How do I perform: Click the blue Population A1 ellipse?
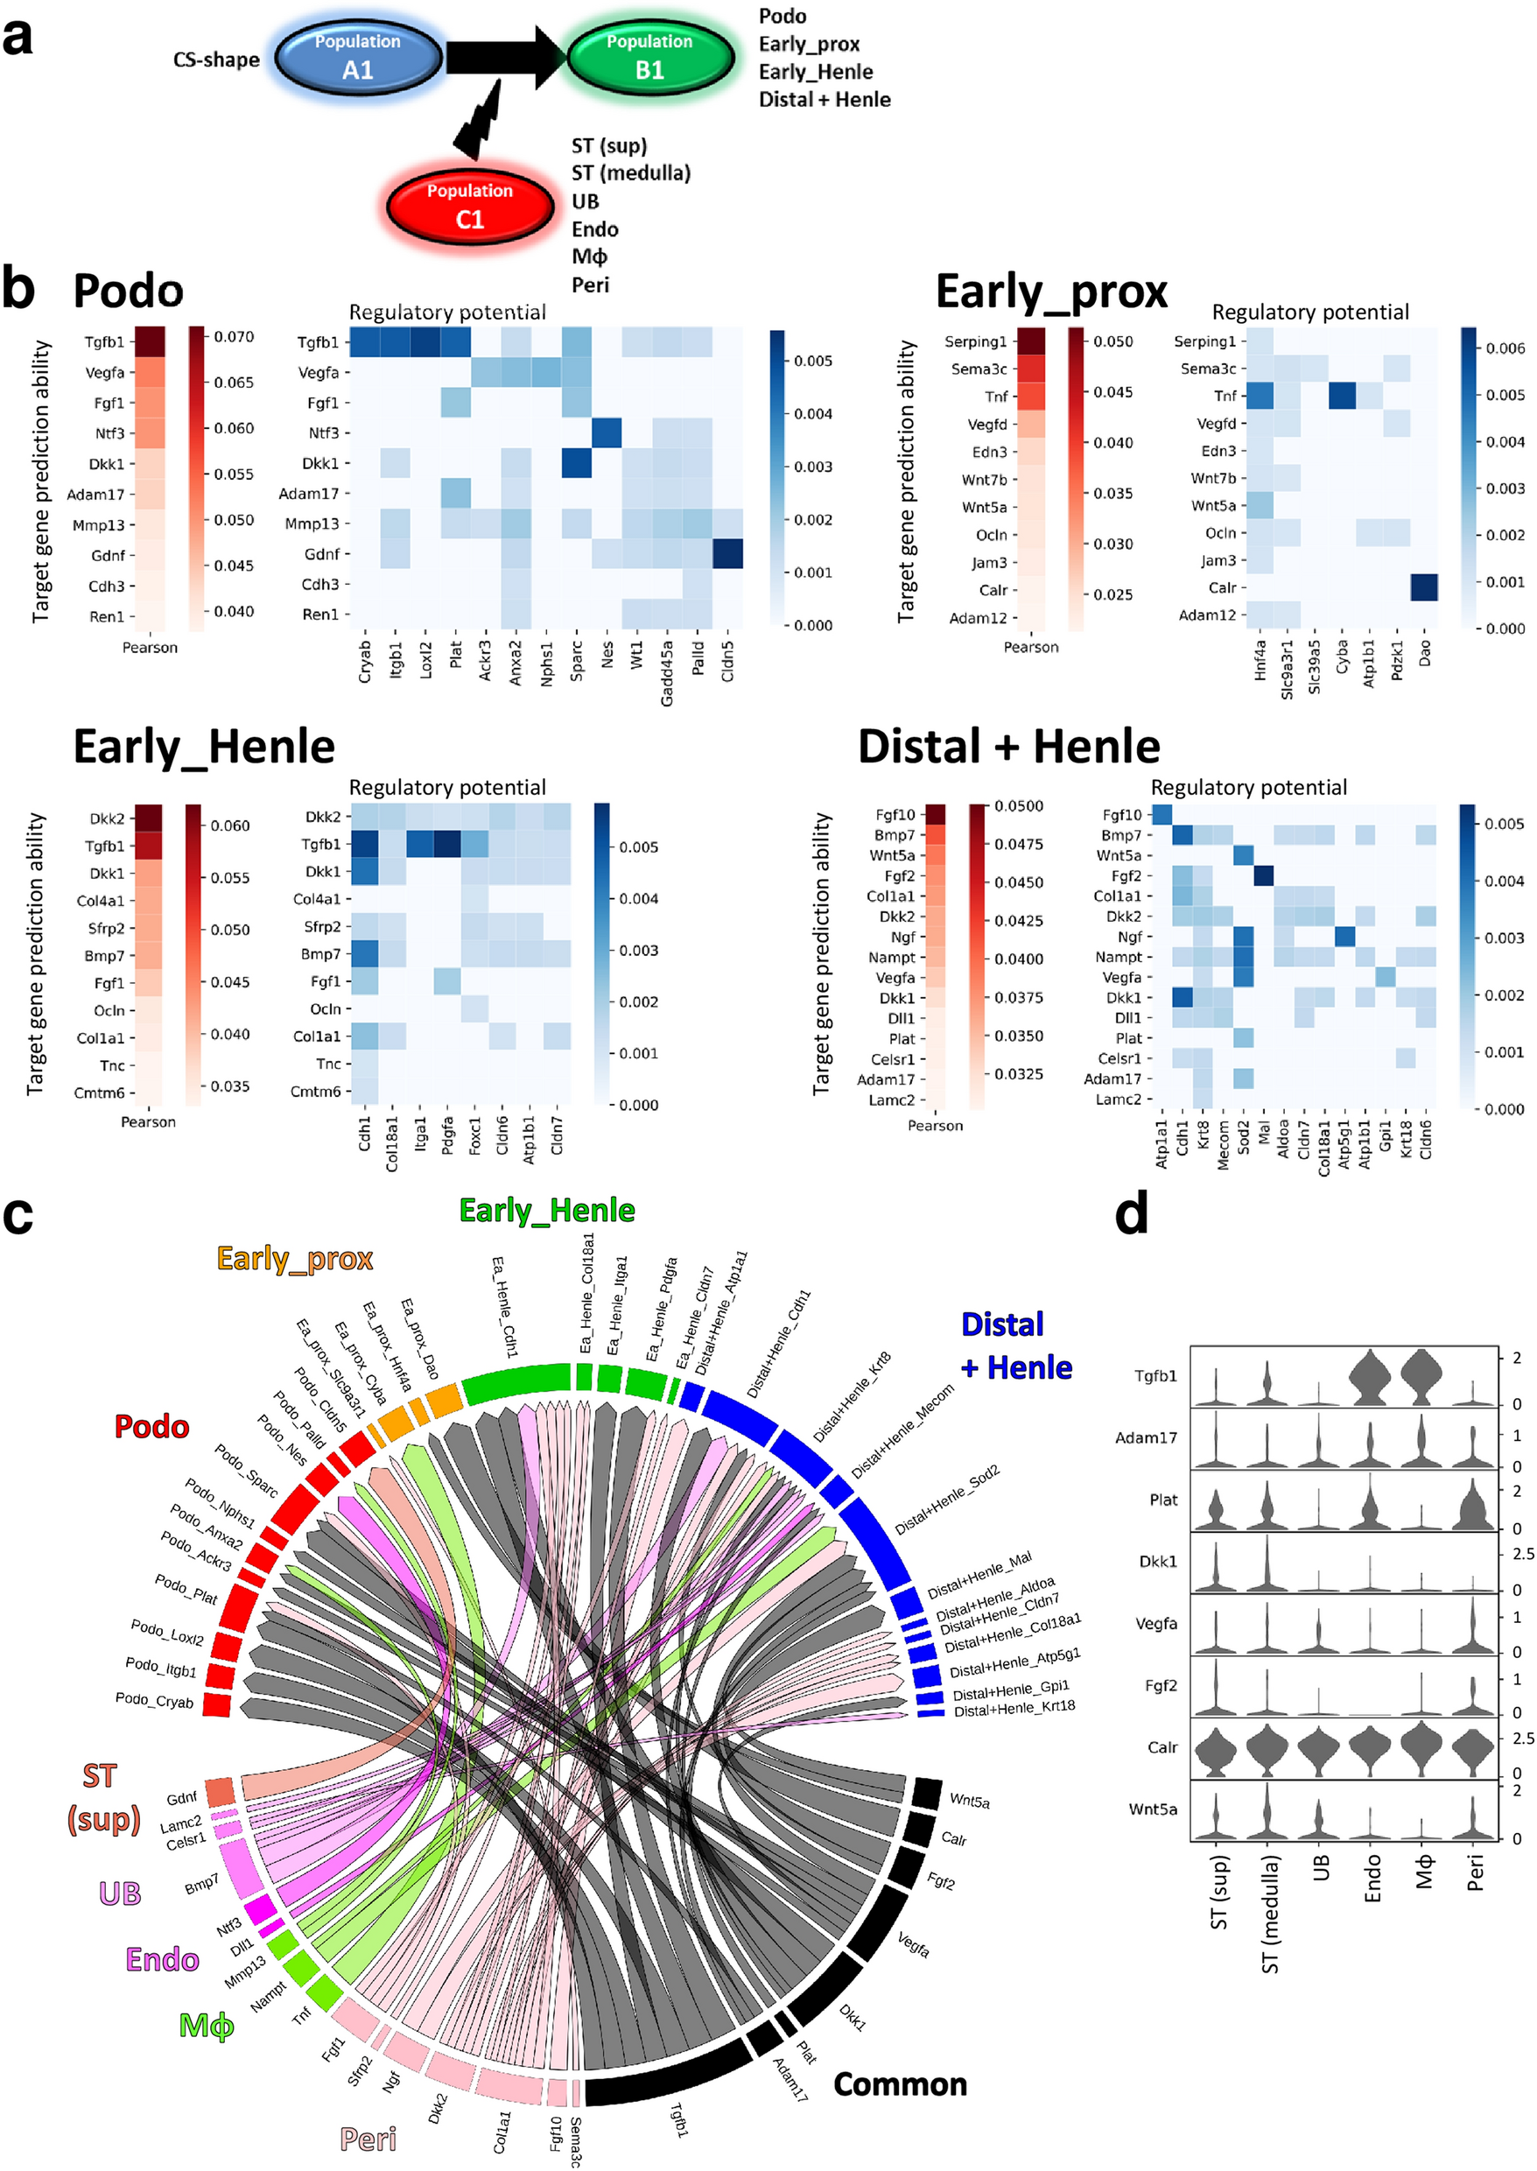(x=358, y=57)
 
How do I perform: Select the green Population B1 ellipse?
(x=649, y=57)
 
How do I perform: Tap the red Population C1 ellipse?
(x=469, y=207)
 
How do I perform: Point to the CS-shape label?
(x=216, y=60)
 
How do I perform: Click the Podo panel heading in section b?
(x=128, y=291)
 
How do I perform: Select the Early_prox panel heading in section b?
(x=1051, y=291)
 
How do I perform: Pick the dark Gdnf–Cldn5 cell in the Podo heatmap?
(x=728, y=553)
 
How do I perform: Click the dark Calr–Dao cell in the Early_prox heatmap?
(x=1423, y=587)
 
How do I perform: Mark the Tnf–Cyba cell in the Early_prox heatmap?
(x=1341, y=396)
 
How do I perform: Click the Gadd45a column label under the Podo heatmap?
(x=667, y=673)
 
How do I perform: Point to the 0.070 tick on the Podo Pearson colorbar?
(x=234, y=337)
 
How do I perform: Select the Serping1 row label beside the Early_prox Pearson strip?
(x=975, y=341)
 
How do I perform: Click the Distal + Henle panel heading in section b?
(x=1009, y=747)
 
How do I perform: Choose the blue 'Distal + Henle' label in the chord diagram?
(x=1015, y=1345)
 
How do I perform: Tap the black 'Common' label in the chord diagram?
(x=900, y=2084)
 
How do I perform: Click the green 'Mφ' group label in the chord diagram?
(x=207, y=2027)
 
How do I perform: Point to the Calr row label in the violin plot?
(x=1162, y=1748)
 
